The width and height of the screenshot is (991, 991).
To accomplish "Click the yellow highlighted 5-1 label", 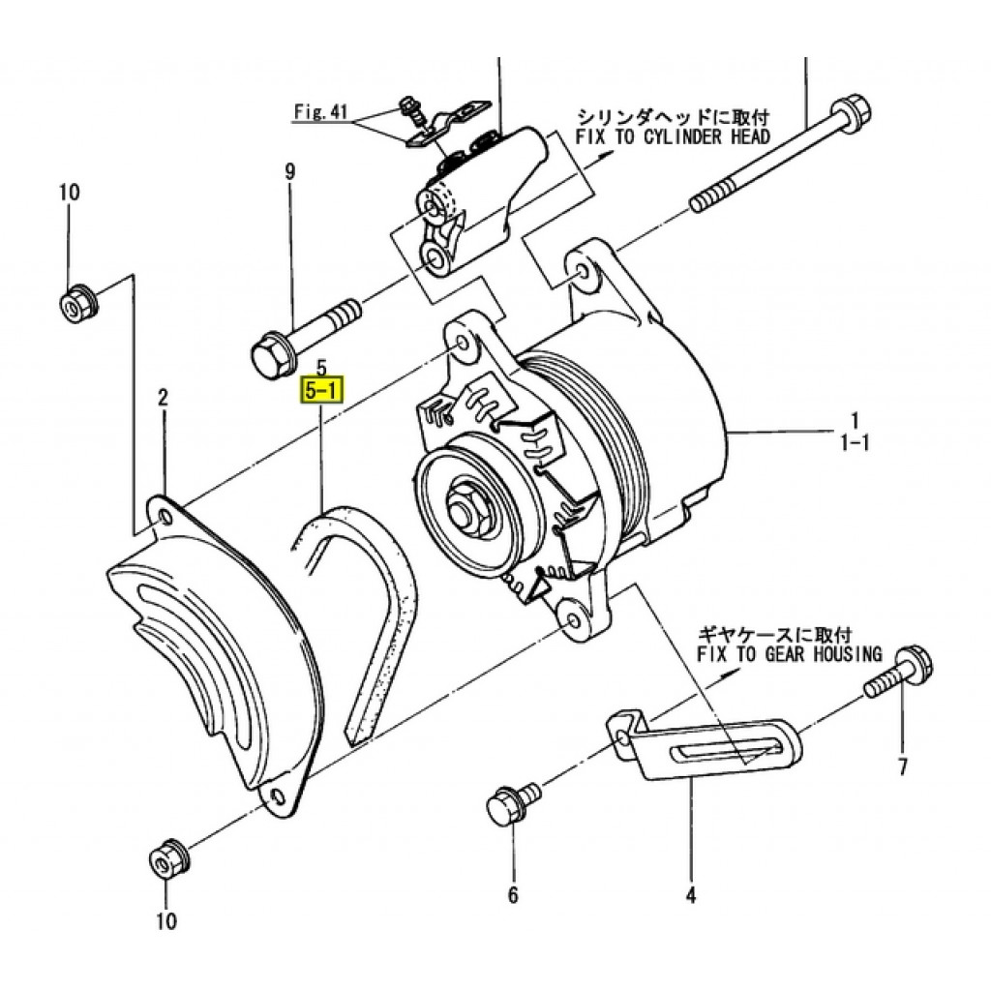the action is tap(322, 391).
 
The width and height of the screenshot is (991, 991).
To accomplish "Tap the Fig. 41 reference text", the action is tap(320, 112).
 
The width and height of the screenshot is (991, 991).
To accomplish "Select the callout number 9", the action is tap(290, 171).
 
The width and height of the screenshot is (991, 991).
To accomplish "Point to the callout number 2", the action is tap(163, 398).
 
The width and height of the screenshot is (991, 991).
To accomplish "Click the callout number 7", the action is tap(903, 766).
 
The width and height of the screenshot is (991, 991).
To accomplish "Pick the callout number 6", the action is tap(513, 894).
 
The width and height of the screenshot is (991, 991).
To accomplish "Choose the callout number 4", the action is tap(691, 894).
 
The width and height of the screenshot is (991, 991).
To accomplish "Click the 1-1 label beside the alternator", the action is tap(855, 442).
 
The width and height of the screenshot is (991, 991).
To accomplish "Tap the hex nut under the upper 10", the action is tap(78, 304).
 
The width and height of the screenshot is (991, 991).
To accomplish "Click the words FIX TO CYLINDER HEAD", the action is tap(673, 136).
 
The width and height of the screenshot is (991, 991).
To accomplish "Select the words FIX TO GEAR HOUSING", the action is tap(790, 654).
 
